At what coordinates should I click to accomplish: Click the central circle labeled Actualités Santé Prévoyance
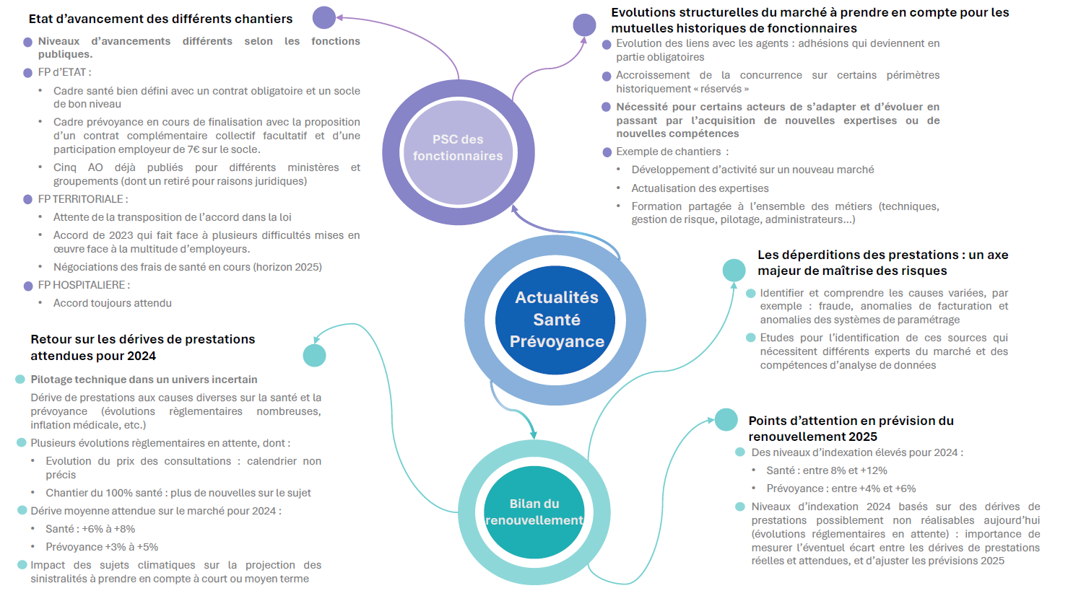tap(555, 320)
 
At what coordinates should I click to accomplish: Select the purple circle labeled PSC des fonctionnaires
tap(458, 148)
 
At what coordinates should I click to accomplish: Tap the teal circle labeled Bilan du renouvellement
tap(534, 512)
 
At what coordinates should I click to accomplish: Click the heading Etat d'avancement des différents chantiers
tap(160, 19)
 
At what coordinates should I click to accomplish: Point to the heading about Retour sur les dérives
tap(142, 347)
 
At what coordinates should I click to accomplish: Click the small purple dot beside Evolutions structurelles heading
tap(584, 25)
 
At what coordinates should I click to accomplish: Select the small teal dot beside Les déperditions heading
tap(734, 270)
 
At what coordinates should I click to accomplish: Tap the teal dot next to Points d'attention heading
tap(726, 420)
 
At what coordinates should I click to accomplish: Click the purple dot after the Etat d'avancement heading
tap(324, 18)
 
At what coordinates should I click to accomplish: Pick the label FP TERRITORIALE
tap(82, 199)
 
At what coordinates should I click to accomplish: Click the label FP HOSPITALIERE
tap(84, 285)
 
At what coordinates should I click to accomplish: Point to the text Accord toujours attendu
tap(112, 303)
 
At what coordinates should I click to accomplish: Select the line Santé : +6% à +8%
tap(90, 529)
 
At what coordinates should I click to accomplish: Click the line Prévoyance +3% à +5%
tap(102, 547)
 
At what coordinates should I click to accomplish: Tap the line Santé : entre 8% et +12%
tap(827, 470)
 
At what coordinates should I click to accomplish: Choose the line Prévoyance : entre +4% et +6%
tap(841, 488)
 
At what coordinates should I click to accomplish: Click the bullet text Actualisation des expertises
tap(700, 188)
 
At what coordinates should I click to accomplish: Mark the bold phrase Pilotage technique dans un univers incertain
tap(144, 380)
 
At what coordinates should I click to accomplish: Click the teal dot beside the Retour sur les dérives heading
tap(314, 356)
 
